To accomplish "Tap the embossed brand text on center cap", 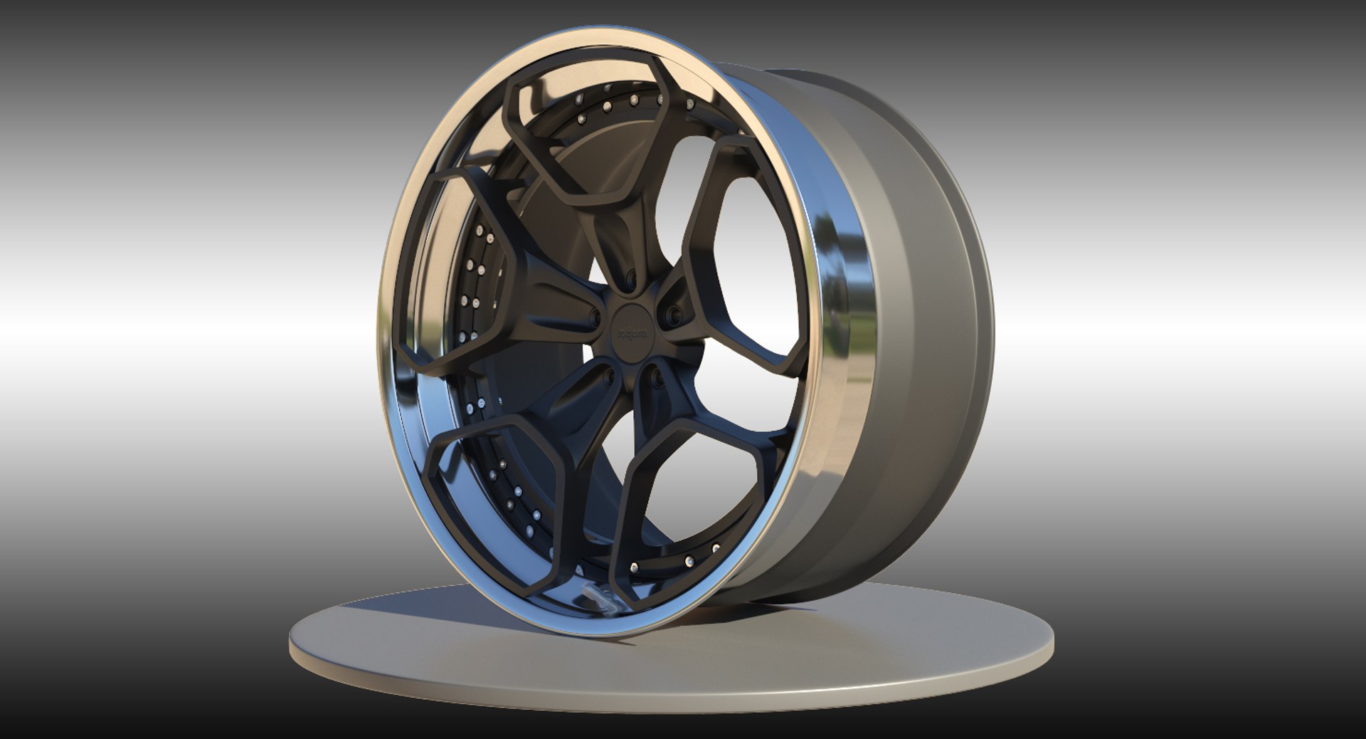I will pos(628,332).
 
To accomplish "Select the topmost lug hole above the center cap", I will pos(630,280).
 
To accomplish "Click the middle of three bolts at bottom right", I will pos(689,562).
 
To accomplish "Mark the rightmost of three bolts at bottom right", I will pos(716,547).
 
